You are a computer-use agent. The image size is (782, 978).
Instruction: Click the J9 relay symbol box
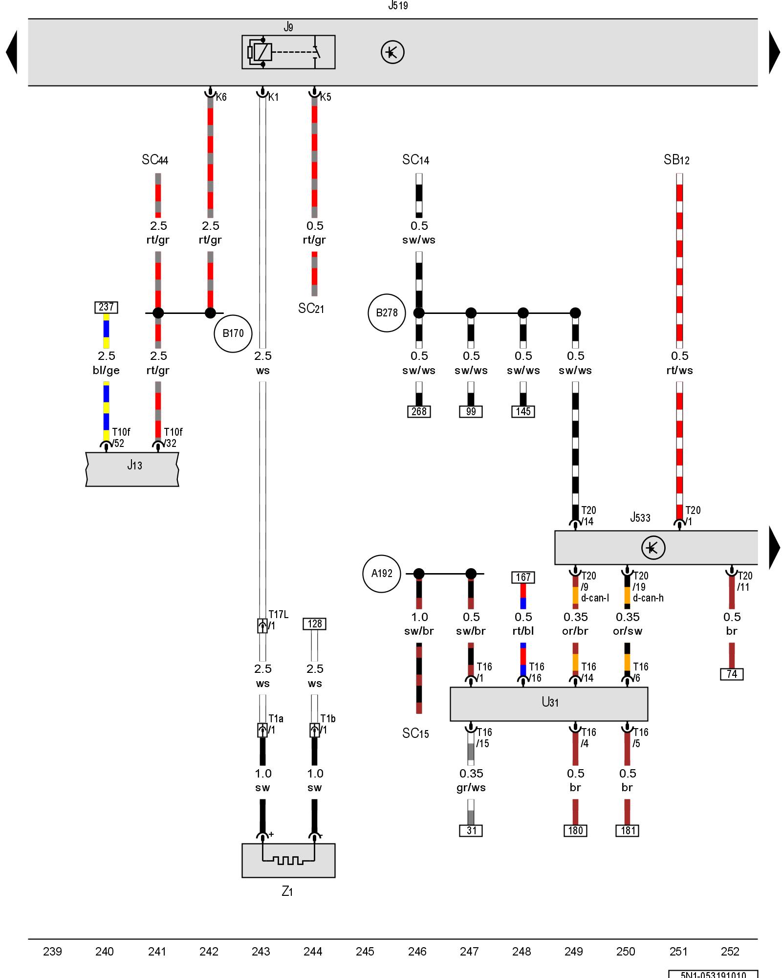pyautogui.click(x=288, y=52)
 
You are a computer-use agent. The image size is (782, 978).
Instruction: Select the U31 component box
pyautogui.click(x=549, y=704)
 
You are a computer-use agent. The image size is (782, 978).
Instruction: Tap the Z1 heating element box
pyautogui.click(x=288, y=860)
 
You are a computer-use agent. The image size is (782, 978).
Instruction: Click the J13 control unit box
pyautogui.click(x=132, y=469)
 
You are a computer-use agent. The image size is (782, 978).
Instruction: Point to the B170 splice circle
pyautogui.click(x=233, y=333)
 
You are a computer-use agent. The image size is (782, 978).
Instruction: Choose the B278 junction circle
pyautogui.click(x=387, y=313)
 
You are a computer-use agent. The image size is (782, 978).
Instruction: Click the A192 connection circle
pyautogui.click(x=381, y=574)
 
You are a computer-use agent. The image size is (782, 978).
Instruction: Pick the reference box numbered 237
pyautogui.click(x=106, y=307)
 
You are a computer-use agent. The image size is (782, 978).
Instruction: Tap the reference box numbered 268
pyautogui.click(x=419, y=412)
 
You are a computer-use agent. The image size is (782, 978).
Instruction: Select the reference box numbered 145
pyautogui.click(x=523, y=412)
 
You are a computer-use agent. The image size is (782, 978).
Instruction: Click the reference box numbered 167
pyautogui.click(x=523, y=578)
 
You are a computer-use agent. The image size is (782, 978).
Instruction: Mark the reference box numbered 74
pyautogui.click(x=732, y=674)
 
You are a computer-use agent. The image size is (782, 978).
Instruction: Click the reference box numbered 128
pyautogui.click(x=315, y=624)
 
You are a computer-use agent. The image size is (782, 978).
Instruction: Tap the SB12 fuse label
pyautogui.click(x=676, y=160)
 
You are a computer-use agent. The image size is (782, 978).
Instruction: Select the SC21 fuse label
pyautogui.click(x=311, y=309)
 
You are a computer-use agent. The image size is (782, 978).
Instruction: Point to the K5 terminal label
pyautogui.click(x=326, y=97)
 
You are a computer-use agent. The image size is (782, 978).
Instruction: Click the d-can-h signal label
pyautogui.click(x=648, y=598)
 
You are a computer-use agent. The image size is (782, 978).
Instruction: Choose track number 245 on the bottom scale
pyautogui.click(x=365, y=952)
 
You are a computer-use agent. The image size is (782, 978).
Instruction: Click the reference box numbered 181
pyautogui.click(x=628, y=830)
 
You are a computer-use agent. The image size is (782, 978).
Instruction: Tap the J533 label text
pyautogui.click(x=640, y=517)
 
